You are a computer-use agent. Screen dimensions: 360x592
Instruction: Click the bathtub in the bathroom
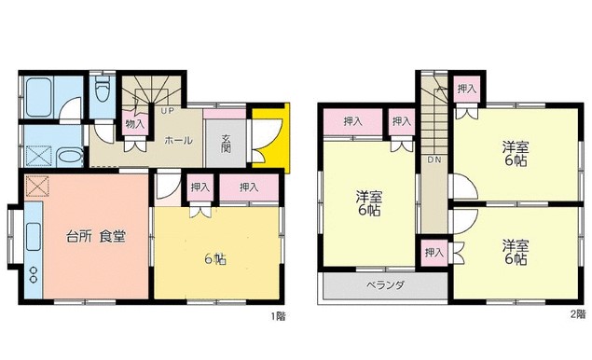(42, 93)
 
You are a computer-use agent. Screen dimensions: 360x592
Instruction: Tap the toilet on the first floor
(103, 91)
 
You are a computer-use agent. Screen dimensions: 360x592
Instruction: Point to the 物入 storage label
(134, 123)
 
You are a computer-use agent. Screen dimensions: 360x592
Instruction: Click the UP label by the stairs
(168, 111)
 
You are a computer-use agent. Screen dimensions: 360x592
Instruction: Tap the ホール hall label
(178, 141)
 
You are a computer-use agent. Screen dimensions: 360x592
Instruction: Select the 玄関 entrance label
(227, 145)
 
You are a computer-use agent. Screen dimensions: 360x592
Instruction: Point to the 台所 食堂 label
(95, 236)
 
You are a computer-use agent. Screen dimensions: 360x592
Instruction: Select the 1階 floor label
(278, 316)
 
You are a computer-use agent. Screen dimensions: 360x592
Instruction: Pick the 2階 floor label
(578, 316)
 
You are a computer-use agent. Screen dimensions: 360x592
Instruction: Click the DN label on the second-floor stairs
(434, 160)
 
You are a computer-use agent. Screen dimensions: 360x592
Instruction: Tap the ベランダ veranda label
(382, 284)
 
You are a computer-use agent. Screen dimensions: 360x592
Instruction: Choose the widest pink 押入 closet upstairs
(352, 122)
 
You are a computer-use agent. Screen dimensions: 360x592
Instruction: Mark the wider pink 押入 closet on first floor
(249, 187)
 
